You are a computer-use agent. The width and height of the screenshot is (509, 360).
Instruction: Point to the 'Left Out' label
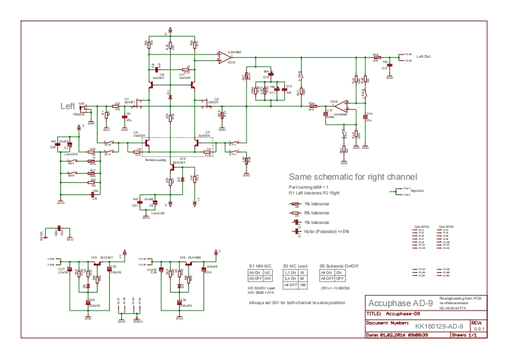pyautogui.click(x=423, y=56)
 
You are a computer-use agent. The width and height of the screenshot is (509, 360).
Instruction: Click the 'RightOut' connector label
pyautogui.click(x=418, y=191)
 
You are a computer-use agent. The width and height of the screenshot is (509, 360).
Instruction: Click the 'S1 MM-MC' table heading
pyautogui.click(x=261, y=265)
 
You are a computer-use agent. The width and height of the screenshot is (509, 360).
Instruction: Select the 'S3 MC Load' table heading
pyautogui.click(x=295, y=265)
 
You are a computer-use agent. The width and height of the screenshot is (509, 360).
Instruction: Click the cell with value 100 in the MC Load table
pyautogui.click(x=302, y=284)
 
